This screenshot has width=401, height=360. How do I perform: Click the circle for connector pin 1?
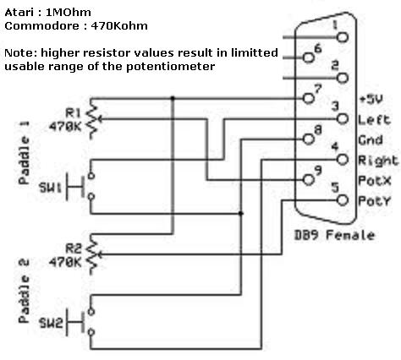point(343,37)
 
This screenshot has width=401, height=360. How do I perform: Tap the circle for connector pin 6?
point(309,57)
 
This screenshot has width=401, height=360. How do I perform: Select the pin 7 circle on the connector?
point(309,98)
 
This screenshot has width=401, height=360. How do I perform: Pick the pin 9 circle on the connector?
point(309,179)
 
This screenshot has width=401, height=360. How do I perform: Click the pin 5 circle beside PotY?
point(343,200)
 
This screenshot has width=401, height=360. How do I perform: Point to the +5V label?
point(371,99)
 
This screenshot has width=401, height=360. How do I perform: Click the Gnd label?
point(371,139)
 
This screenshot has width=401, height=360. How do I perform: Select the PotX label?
point(375,181)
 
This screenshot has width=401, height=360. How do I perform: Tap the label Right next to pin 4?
point(378,161)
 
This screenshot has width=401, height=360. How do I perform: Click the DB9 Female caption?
point(334,235)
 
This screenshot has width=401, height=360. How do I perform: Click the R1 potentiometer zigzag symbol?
point(92,118)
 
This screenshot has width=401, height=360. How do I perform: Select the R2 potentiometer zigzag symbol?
point(92,254)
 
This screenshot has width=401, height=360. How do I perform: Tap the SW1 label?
point(50,188)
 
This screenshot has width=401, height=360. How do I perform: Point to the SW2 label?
point(51,323)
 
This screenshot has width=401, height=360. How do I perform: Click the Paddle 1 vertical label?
point(24,153)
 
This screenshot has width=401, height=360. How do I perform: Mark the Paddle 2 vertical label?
point(24,291)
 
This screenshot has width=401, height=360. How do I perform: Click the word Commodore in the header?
point(42,26)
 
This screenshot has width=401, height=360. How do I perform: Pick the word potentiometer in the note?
point(170,67)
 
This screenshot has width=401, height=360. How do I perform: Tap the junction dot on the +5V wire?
point(173,98)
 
